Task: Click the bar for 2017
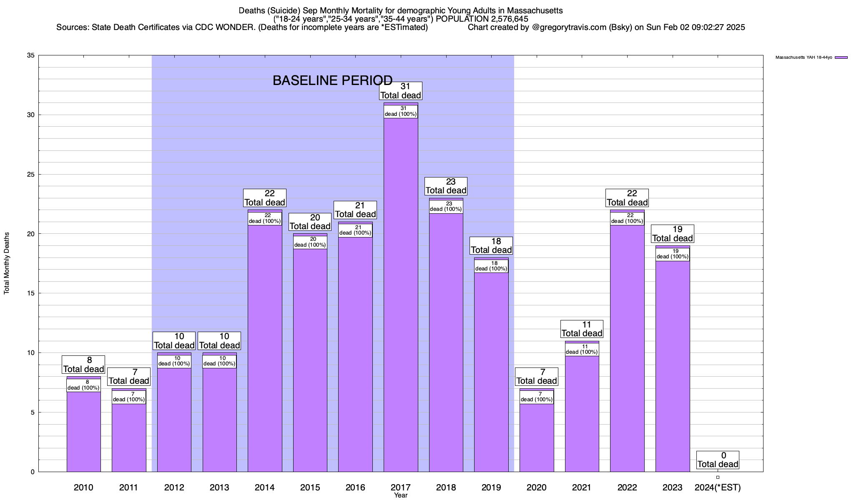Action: pos(401,292)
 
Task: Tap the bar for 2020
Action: pos(537,437)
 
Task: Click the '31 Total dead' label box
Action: pos(401,91)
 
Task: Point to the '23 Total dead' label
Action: pos(446,186)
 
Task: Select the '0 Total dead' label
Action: pos(718,460)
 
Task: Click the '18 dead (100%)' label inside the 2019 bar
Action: pos(491,266)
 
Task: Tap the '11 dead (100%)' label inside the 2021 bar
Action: pos(582,349)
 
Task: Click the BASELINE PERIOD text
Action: pos(332,80)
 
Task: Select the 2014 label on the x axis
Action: pos(265,487)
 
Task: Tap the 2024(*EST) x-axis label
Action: pos(718,487)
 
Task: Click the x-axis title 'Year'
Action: pos(401,495)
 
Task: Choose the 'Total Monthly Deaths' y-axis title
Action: pos(7,263)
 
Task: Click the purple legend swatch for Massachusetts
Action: pos(841,57)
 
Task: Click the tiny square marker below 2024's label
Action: pos(718,477)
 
